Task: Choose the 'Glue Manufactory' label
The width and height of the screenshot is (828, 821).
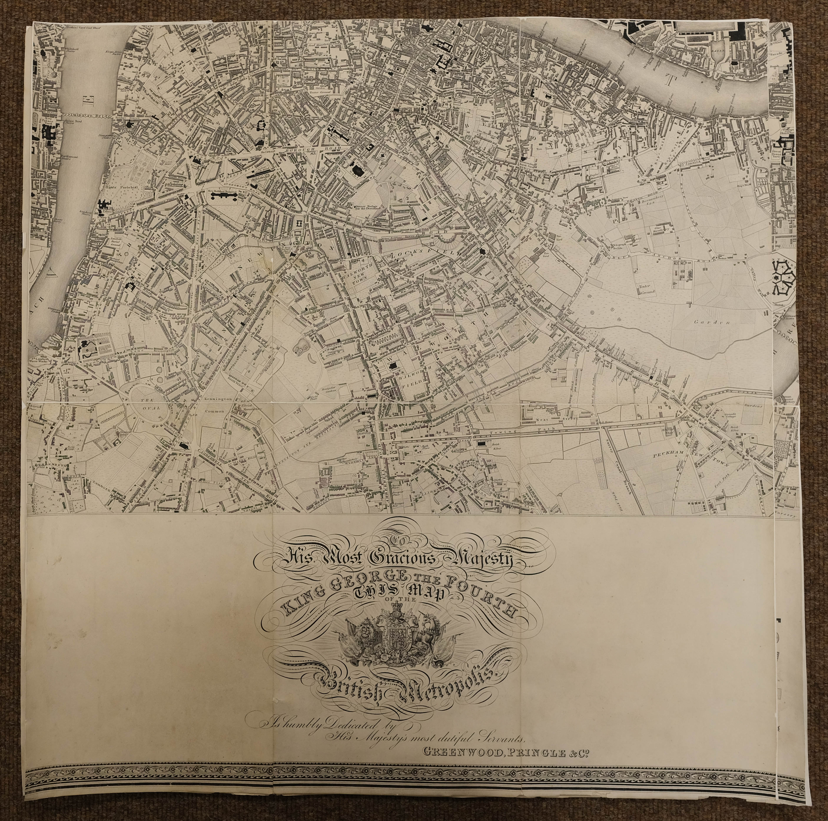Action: (x=660, y=229)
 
